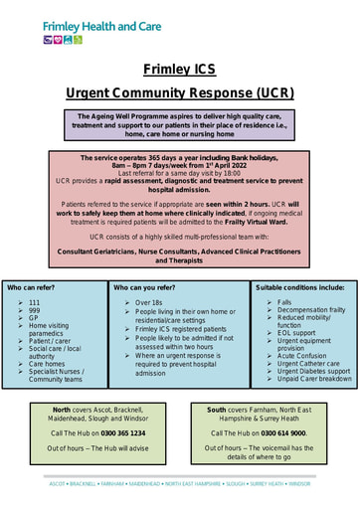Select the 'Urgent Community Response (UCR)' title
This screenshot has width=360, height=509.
(179, 92)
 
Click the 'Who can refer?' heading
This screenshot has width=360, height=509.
(32, 287)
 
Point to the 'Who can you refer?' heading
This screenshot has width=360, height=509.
(146, 287)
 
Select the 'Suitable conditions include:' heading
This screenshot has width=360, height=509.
(299, 287)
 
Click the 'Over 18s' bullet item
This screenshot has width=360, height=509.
(149, 301)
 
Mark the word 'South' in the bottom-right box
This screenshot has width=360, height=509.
(216, 410)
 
